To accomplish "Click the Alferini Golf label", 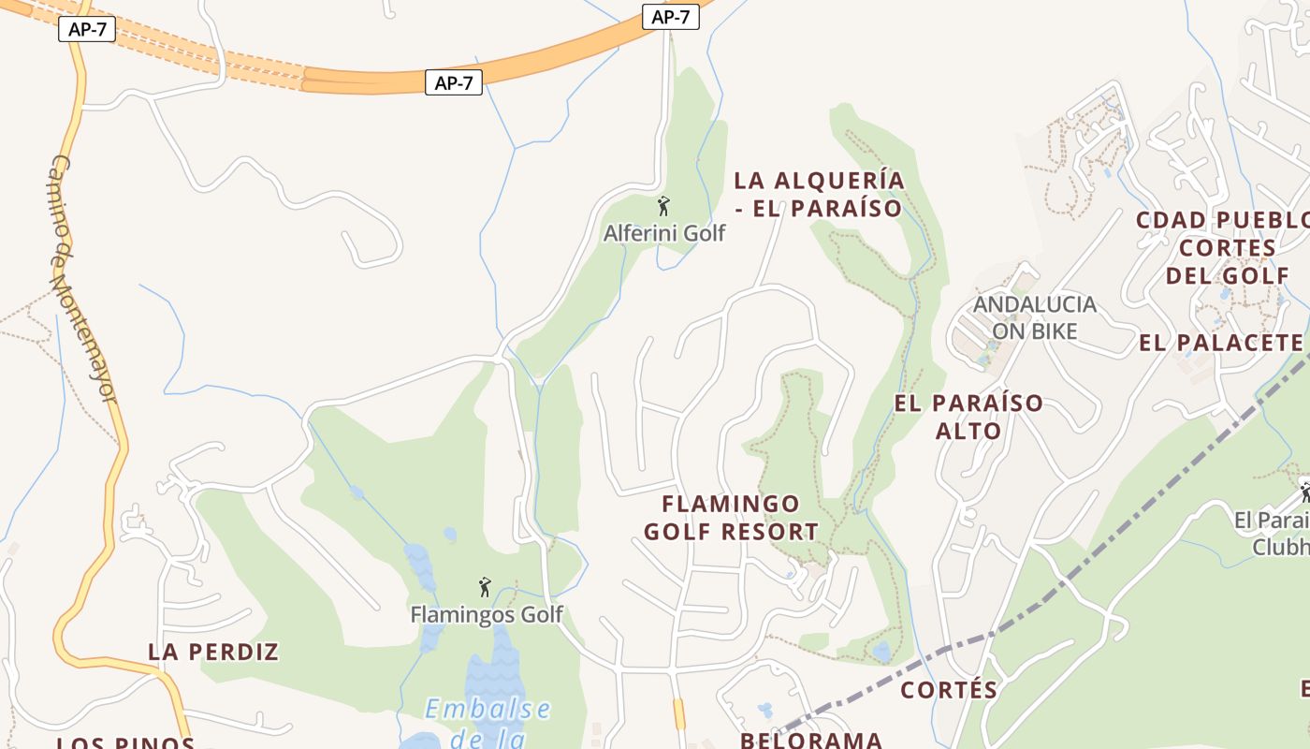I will click(664, 233).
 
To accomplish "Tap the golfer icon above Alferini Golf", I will click(663, 206).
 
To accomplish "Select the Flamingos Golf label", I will click(487, 614).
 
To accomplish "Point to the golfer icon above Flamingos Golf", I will click(485, 587).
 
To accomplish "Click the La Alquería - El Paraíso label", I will click(819, 194).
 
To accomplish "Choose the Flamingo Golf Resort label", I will click(731, 519).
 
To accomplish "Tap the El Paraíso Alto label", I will click(968, 417).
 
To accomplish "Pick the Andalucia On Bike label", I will click(1035, 317).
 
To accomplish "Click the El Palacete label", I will click(1221, 343).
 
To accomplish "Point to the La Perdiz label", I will click(214, 652).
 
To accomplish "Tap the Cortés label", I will click(949, 690).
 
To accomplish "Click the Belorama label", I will click(811, 740).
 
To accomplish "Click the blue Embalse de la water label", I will click(488, 722).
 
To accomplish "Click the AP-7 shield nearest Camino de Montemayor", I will click(87, 29).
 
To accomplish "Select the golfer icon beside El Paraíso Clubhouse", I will click(1303, 491).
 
